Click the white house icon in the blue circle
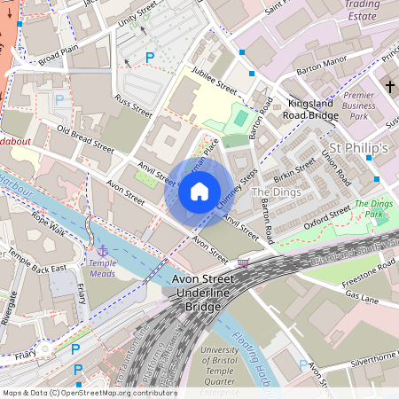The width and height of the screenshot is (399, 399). click(199, 192)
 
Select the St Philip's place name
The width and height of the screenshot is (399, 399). click(358, 147)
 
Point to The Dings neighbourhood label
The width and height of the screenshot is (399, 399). click(276, 192)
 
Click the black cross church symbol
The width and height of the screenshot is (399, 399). click(389, 86)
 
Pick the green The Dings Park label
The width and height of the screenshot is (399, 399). click(373, 209)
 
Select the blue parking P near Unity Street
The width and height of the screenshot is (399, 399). click(150, 57)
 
